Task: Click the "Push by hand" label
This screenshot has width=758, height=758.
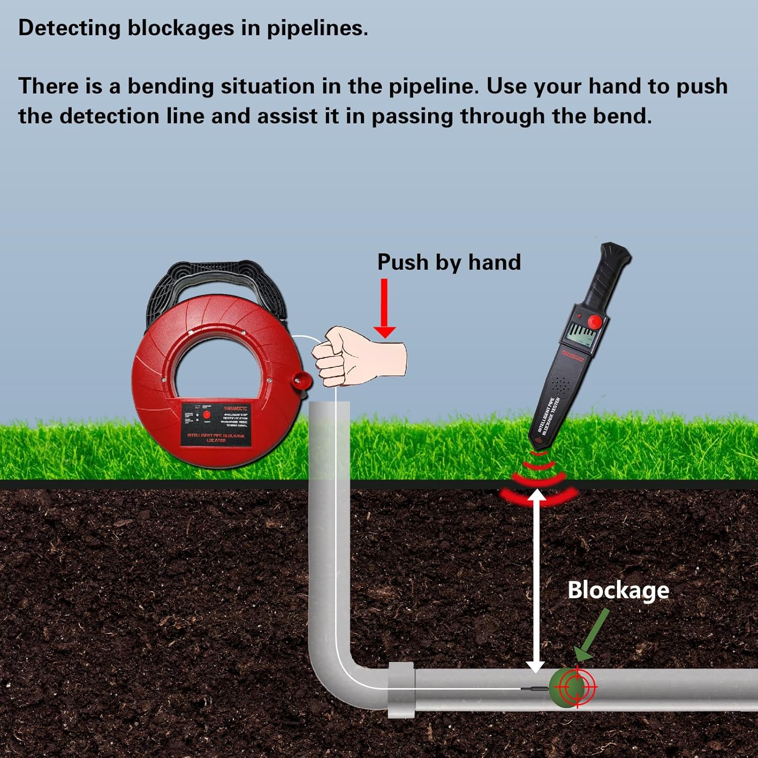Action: point(449,262)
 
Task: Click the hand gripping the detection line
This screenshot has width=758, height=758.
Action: point(354,356)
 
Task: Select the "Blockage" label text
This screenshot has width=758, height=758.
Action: point(618,590)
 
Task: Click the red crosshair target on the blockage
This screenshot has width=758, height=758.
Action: point(577,687)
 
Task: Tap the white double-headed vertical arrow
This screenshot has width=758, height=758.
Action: point(536,581)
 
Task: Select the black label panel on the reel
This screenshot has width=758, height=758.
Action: point(216,424)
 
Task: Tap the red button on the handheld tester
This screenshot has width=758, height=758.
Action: point(596,321)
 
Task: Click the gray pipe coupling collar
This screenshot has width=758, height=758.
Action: point(401,690)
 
